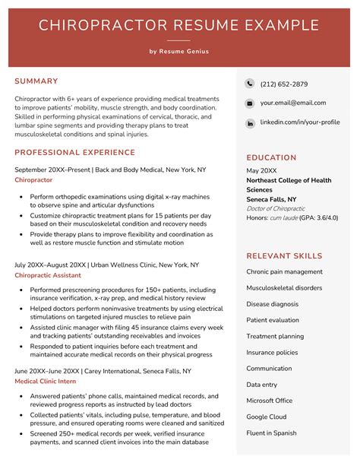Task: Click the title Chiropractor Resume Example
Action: pyautogui.click(x=179, y=26)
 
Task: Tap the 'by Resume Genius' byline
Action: pyautogui.click(x=179, y=52)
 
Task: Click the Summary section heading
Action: pyautogui.click(x=36, y=81)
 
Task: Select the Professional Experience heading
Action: pyautogui.click(x=74, y=153)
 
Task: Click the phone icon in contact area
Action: pyautogui.click(x=250, y=84)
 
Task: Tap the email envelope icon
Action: pyautogui.click(x=250, y=103)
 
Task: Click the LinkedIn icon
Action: pyautogui.click(x=250, y=122)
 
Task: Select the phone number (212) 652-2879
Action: pyautogui.click(x=283, y=84)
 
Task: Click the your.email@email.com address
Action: pyautogui.click(x=292, y=103)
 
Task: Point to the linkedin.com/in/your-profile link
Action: pyautogui.click(x=299, y=122)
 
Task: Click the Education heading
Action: pyautogui.click(x=271, y=157)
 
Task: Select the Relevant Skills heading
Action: pyautogui.click(x=284, y=256)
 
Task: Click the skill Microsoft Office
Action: pyautogui.click(x=269, y=401)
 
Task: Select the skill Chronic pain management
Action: pyautogui.click(x=284, y=271)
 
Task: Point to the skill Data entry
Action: pyautogui.click(x=262, y=385)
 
